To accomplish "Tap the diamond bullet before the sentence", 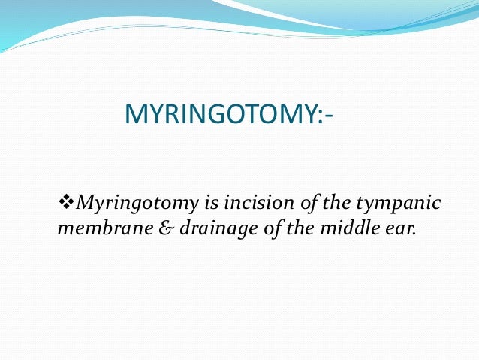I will [65, 203].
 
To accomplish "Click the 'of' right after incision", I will [279, 203].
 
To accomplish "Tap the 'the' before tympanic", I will [308, 203].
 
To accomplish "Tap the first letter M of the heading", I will [134, 116].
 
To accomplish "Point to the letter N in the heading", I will [197, 116].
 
